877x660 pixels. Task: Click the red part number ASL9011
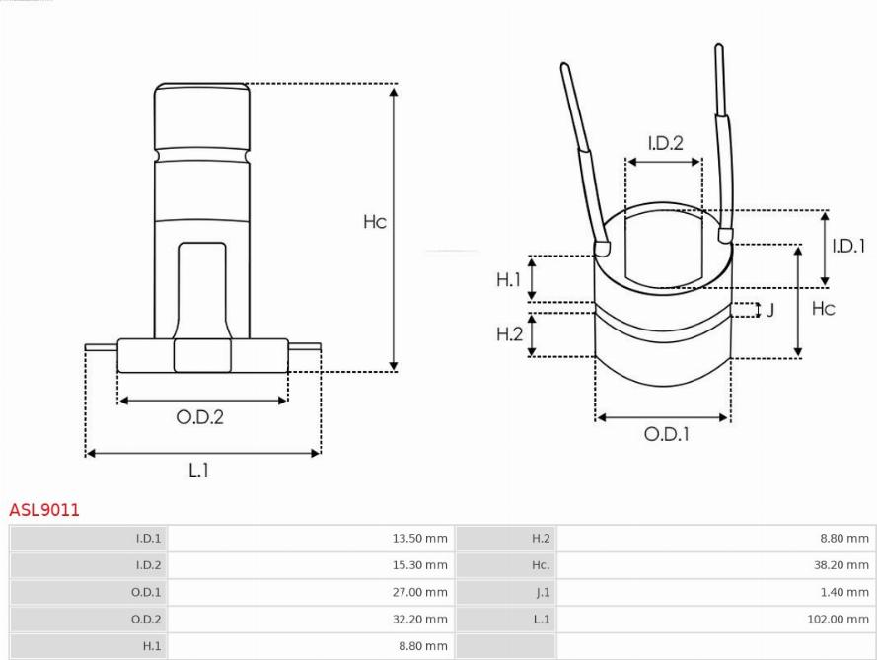coord(44,509)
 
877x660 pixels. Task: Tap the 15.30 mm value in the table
coord(419,565)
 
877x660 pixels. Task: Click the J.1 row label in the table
coord(543,592)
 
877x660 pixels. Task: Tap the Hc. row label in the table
coord(541,565)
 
